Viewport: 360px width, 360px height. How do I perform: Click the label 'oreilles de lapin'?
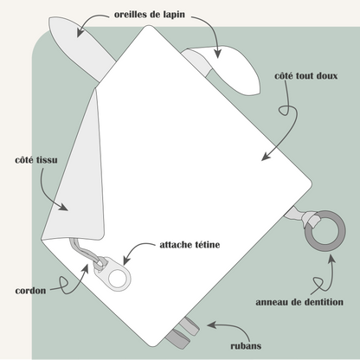coord(150,15)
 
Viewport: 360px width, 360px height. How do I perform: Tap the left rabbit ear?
coord(80,46)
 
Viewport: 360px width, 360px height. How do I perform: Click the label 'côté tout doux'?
coord(305,76)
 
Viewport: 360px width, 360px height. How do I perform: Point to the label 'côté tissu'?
coord(36,160)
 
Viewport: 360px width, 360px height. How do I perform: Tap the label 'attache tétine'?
coord(190,245)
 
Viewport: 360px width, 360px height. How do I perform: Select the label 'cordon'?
coord(30,291)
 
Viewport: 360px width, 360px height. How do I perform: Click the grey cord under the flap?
coord(84,250)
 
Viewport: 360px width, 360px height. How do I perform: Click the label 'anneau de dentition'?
coord(299,302)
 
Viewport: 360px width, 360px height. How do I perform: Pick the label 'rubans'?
coord(246,345)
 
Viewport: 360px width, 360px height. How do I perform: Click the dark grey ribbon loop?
coord(177,339)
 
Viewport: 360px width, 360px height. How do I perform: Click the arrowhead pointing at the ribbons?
coord(211,325)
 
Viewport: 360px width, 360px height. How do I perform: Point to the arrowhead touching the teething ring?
coord(331,259)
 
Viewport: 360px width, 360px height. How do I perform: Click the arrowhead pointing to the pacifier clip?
coord(126,260)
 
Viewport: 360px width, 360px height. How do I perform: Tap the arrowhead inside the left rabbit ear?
coord(80,32)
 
